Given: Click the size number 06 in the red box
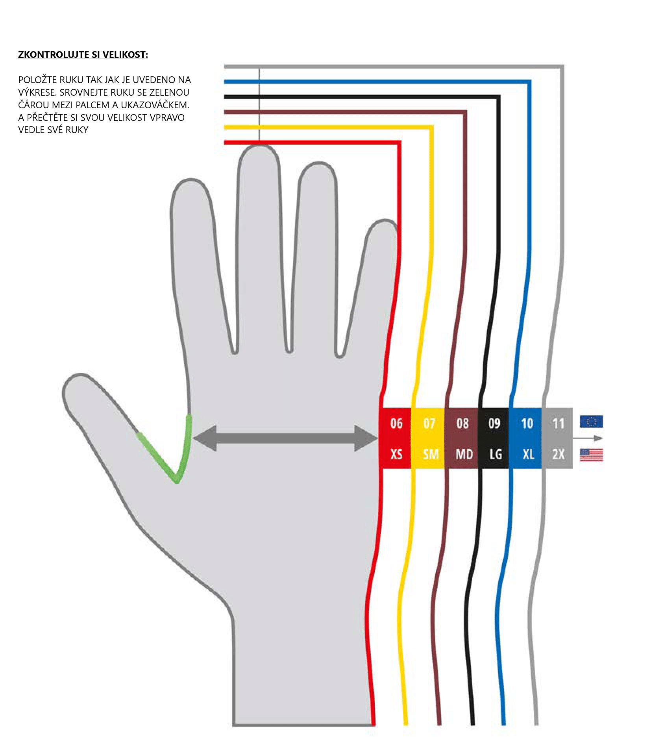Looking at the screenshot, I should (396, 423).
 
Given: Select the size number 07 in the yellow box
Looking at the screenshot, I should (429, 424).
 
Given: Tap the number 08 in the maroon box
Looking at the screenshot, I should (462, 423).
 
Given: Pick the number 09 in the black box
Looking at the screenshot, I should (494, 423).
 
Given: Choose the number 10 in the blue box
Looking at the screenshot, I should (527, 423).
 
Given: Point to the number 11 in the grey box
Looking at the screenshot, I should (558, 424).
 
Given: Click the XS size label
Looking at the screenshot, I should (396, 454).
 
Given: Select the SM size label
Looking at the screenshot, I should (431, 455).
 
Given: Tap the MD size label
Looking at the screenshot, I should (464, 455).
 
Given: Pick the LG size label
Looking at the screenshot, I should (496, 455).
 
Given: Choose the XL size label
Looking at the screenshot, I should (528, 455).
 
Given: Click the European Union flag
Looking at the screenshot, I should (591, 422).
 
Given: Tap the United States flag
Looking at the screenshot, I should (591, 455).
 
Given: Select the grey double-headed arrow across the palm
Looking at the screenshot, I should (285, 438).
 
